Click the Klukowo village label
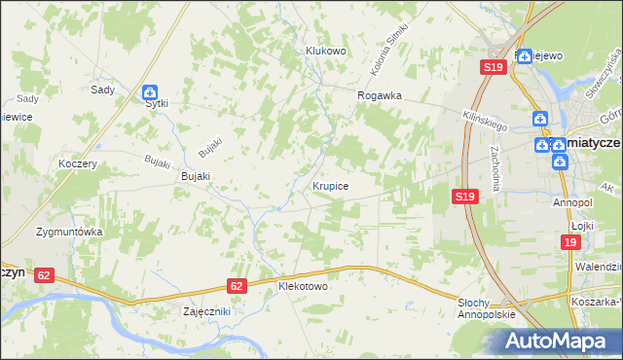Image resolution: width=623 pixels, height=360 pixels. (x=326, y=51)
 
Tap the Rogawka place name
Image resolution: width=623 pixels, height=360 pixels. (x=380, y=96)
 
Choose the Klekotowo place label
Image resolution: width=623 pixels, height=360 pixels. (x=303, y=287)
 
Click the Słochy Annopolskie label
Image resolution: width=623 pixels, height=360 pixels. (x=486, y=308)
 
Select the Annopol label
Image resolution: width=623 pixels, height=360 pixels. (x=572, y=202)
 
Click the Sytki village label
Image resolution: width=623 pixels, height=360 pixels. (x=157, y=102)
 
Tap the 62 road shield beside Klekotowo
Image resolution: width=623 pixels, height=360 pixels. (x=238, y=286)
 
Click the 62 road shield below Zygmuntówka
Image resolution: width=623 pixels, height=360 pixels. (x=43, y=275)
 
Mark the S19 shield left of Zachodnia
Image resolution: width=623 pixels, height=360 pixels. (x=465, y=197)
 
